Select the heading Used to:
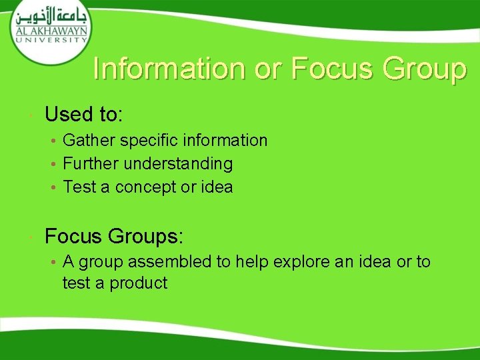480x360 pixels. pos(83,115)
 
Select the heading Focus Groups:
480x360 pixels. pos(113,237)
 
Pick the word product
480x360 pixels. pos(139,283)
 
